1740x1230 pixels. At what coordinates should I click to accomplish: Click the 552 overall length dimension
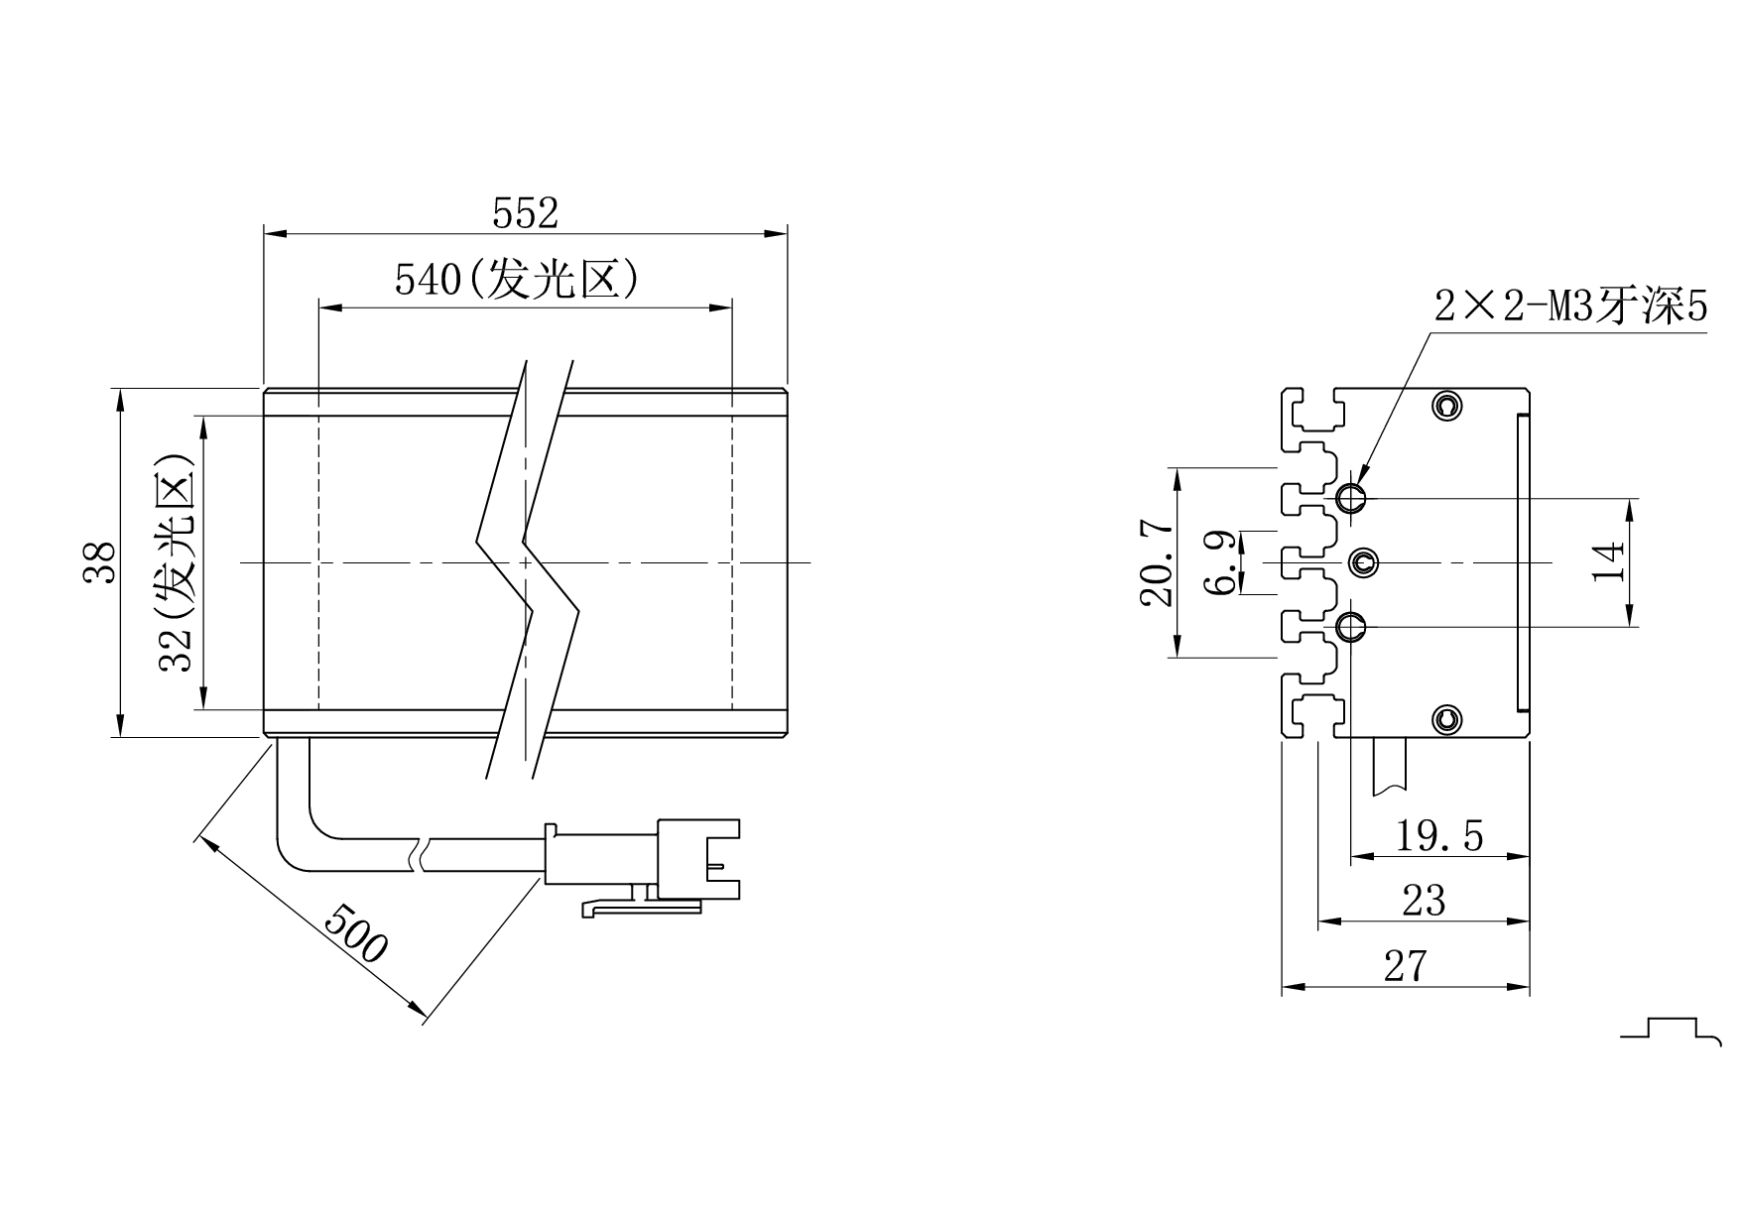click(525, 213)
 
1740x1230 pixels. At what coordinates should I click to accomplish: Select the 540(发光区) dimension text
click(516, 281)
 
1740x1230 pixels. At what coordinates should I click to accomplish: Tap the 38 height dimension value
click(100, 562)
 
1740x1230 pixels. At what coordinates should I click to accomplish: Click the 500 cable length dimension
click(355, 933)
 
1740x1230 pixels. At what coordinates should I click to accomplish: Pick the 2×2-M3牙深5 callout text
click(1570, 308)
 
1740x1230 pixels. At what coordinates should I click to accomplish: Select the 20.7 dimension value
click(1157, 562)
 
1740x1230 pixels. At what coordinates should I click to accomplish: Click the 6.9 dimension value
click(1220, 562)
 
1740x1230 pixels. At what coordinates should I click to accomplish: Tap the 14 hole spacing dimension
click(1609, 562)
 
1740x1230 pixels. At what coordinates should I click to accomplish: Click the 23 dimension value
click(1424, 902)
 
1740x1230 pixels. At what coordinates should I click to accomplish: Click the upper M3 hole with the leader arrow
click(1350, 498)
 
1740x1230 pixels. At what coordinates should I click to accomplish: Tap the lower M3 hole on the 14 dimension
click(1350, 627)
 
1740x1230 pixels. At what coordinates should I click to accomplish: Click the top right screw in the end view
click(1447, 406)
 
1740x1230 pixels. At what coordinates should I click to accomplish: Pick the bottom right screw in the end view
click(1447, 719)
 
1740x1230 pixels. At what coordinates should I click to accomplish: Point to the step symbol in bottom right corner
click(1674, 1029)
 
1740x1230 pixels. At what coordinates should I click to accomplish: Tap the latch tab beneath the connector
click(640, 907)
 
